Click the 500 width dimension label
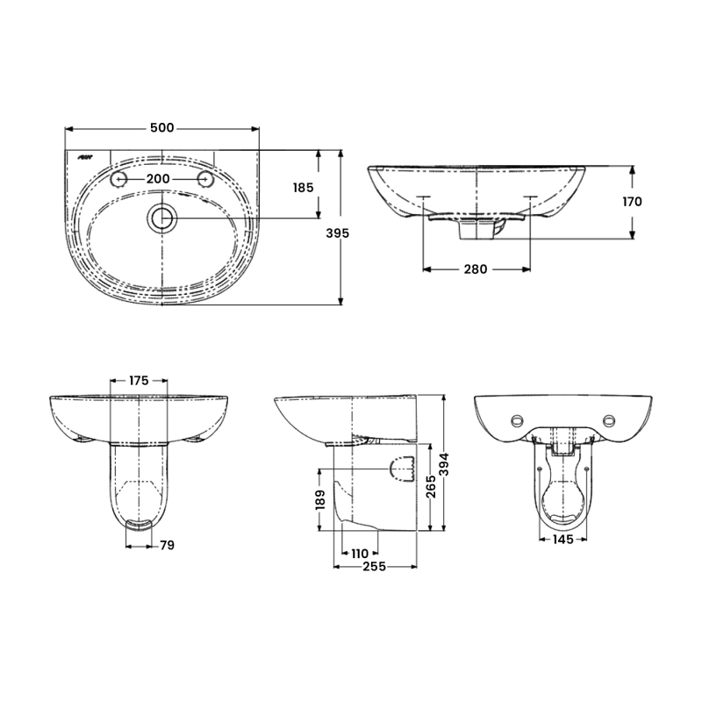point(161,128)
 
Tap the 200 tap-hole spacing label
point(158,179)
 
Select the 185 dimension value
point(303,188)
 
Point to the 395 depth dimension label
point(338,233)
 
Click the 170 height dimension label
point(632,202)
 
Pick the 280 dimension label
point(476,269)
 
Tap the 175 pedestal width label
point(139,381)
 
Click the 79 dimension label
point(167,545)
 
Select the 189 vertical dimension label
point(320,499)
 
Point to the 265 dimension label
point(431,487)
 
